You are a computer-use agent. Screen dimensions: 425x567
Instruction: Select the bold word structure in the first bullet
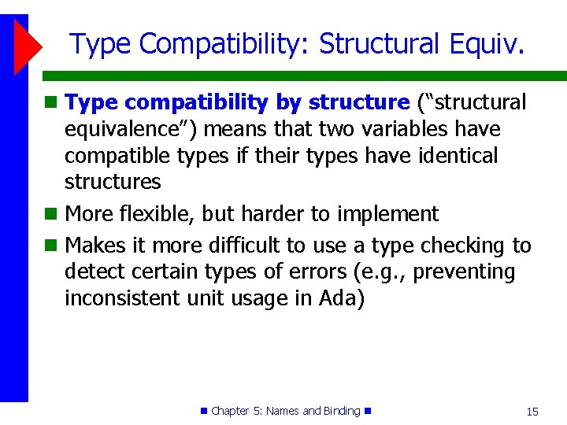coord(359,102)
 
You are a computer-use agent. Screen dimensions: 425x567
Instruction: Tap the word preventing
coord(464,272)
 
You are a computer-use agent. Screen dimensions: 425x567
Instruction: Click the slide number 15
coord(532,412)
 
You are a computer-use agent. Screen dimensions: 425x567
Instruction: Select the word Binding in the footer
coord(342,411)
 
